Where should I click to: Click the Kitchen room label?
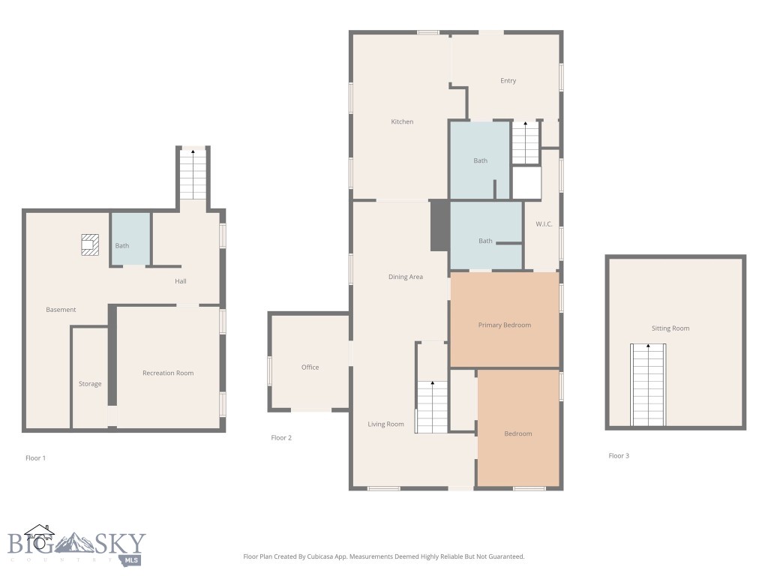[x=402, y=121]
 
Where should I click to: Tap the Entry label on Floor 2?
[x=508, y=81]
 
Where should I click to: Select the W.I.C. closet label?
[x=544, y=224]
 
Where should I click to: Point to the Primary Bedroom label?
[x=505, y=325]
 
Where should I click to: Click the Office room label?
[x=310, y=367]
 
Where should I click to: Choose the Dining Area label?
[x=406, y=277]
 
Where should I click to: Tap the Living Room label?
[x=386, y=424]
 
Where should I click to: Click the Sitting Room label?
[x=670, y=328]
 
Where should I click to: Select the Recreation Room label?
[x=168, y=373]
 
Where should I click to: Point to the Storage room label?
[x=90, y=384]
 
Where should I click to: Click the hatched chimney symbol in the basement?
[x=89, y=244]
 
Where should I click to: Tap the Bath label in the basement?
[x=121, y=246]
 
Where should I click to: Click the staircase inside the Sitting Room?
[x=648, y=385]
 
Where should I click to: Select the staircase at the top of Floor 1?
[x=193, y=174]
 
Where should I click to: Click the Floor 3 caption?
[x=619, y=455]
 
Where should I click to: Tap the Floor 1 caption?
[x=35, y=457]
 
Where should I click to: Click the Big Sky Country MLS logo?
[x=75, y=545]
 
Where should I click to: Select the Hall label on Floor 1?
[x=180, y=281]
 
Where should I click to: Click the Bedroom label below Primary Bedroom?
[x=517, y=433]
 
